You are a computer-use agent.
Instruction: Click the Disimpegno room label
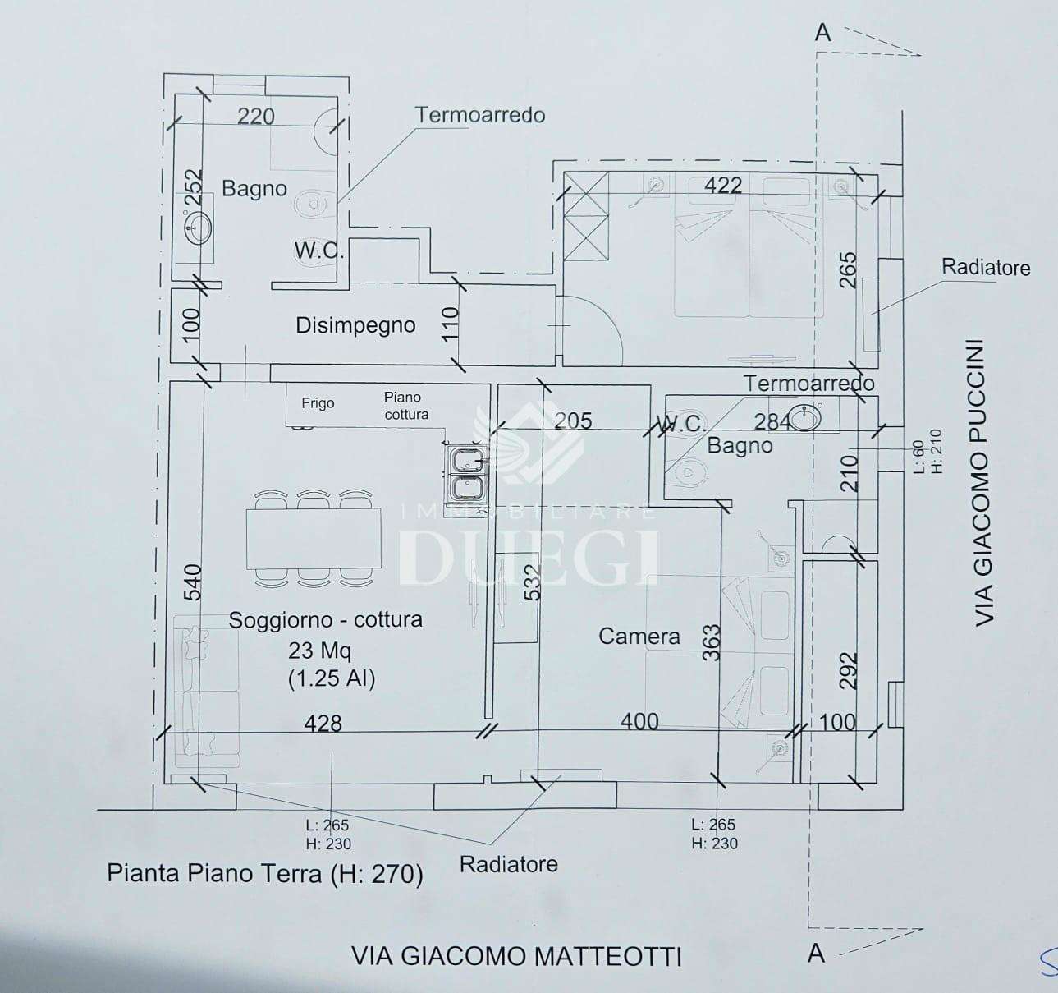coord(355,325)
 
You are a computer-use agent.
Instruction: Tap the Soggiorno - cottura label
coord(326,619)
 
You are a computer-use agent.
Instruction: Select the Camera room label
coord(639,637)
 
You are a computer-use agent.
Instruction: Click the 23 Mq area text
coord(319,651)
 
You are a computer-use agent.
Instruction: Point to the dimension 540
coord(193,582)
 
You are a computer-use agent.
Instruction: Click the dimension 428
coord(323,723)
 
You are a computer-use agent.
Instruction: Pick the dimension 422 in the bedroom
coord(723,186)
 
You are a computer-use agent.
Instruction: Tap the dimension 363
coord(711,642)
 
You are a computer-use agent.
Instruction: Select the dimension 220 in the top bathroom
coord(256,117)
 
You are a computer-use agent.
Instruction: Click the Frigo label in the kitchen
coord(318,403)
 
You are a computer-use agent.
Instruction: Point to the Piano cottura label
coord(406,406)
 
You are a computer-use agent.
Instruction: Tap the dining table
coord(314,538)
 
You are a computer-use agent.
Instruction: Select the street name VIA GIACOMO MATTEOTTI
coord(517,956)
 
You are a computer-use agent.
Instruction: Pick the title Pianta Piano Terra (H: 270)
coord(265,874)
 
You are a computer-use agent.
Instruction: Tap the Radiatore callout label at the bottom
coord(508,864)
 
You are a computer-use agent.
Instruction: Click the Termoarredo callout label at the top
coord(480,115)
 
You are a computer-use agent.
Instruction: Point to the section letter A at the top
coord(822,33)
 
